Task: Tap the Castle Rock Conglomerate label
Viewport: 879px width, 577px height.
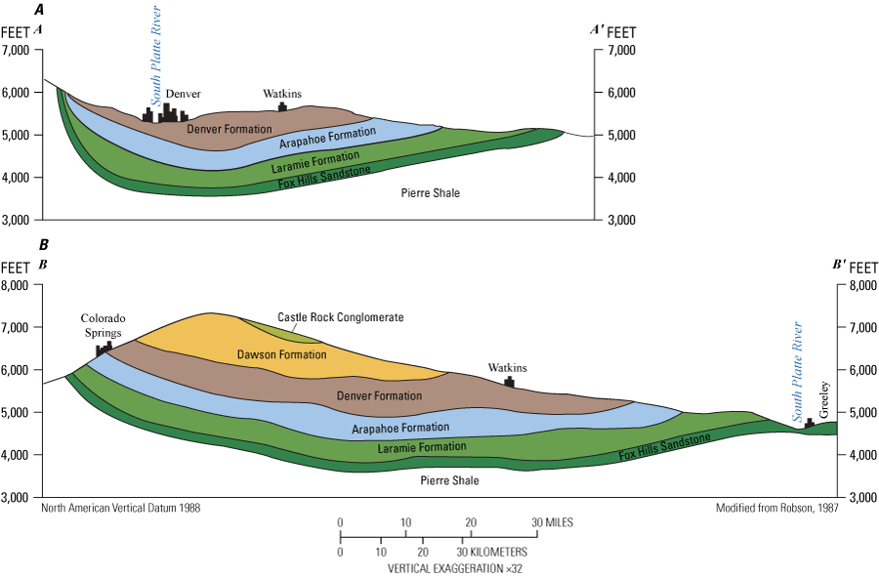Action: click(340, 317)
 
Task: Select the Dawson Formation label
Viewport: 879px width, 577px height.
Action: click(283, 354)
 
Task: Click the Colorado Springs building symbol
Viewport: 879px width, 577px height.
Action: click(104, 349)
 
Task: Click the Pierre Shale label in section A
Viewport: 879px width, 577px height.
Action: click(430, 193)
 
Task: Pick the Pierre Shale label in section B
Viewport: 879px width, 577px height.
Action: click(449, 480)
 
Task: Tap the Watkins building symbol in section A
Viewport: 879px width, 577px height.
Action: click(282, 106)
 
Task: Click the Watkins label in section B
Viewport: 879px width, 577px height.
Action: click(508, 368)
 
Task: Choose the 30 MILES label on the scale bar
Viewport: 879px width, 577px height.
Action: click(553, 522)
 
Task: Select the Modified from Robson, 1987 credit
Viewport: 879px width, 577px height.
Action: click(776, 508)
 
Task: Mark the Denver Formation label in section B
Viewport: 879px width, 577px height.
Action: click(379, 395)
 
